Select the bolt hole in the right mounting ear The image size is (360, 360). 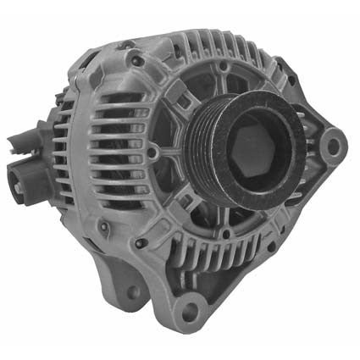[333, 146]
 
